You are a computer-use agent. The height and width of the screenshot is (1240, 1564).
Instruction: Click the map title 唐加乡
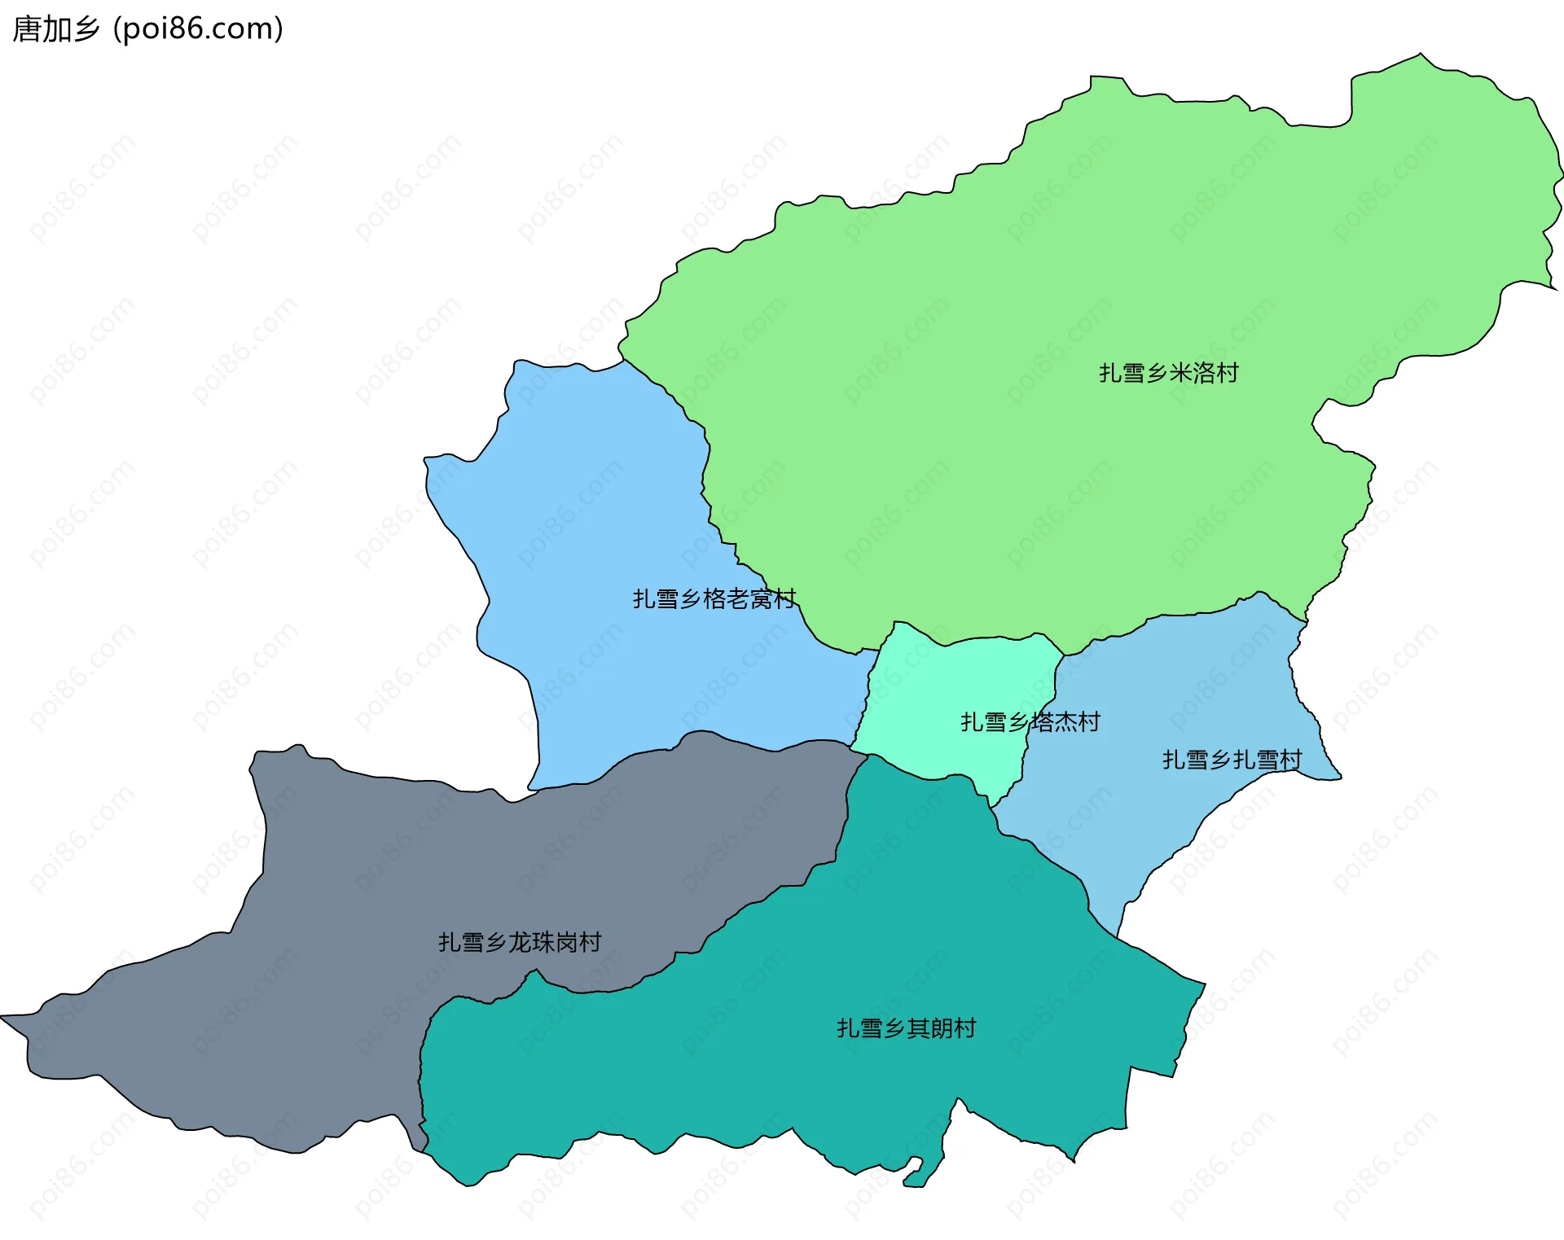(x=55, y=29)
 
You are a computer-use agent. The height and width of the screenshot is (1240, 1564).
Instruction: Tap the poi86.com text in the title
(x=198, y=29)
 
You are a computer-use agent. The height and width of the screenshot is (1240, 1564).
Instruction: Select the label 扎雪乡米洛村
(x=1168, y=373)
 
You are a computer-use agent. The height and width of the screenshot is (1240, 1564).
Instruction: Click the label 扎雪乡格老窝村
(x=714, y=599)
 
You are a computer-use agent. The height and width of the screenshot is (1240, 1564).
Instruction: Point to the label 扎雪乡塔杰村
(x=1030, y=722)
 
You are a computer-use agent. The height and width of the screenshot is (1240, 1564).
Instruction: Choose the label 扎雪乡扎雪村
(x=1232, y=760)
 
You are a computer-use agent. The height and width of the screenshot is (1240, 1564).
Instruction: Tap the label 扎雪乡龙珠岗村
(x=520, y=942)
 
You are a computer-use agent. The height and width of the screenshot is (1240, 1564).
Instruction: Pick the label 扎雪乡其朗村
(x=906, y=1028)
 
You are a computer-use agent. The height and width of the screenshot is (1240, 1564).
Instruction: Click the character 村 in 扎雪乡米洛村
(x=1228, y=373)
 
